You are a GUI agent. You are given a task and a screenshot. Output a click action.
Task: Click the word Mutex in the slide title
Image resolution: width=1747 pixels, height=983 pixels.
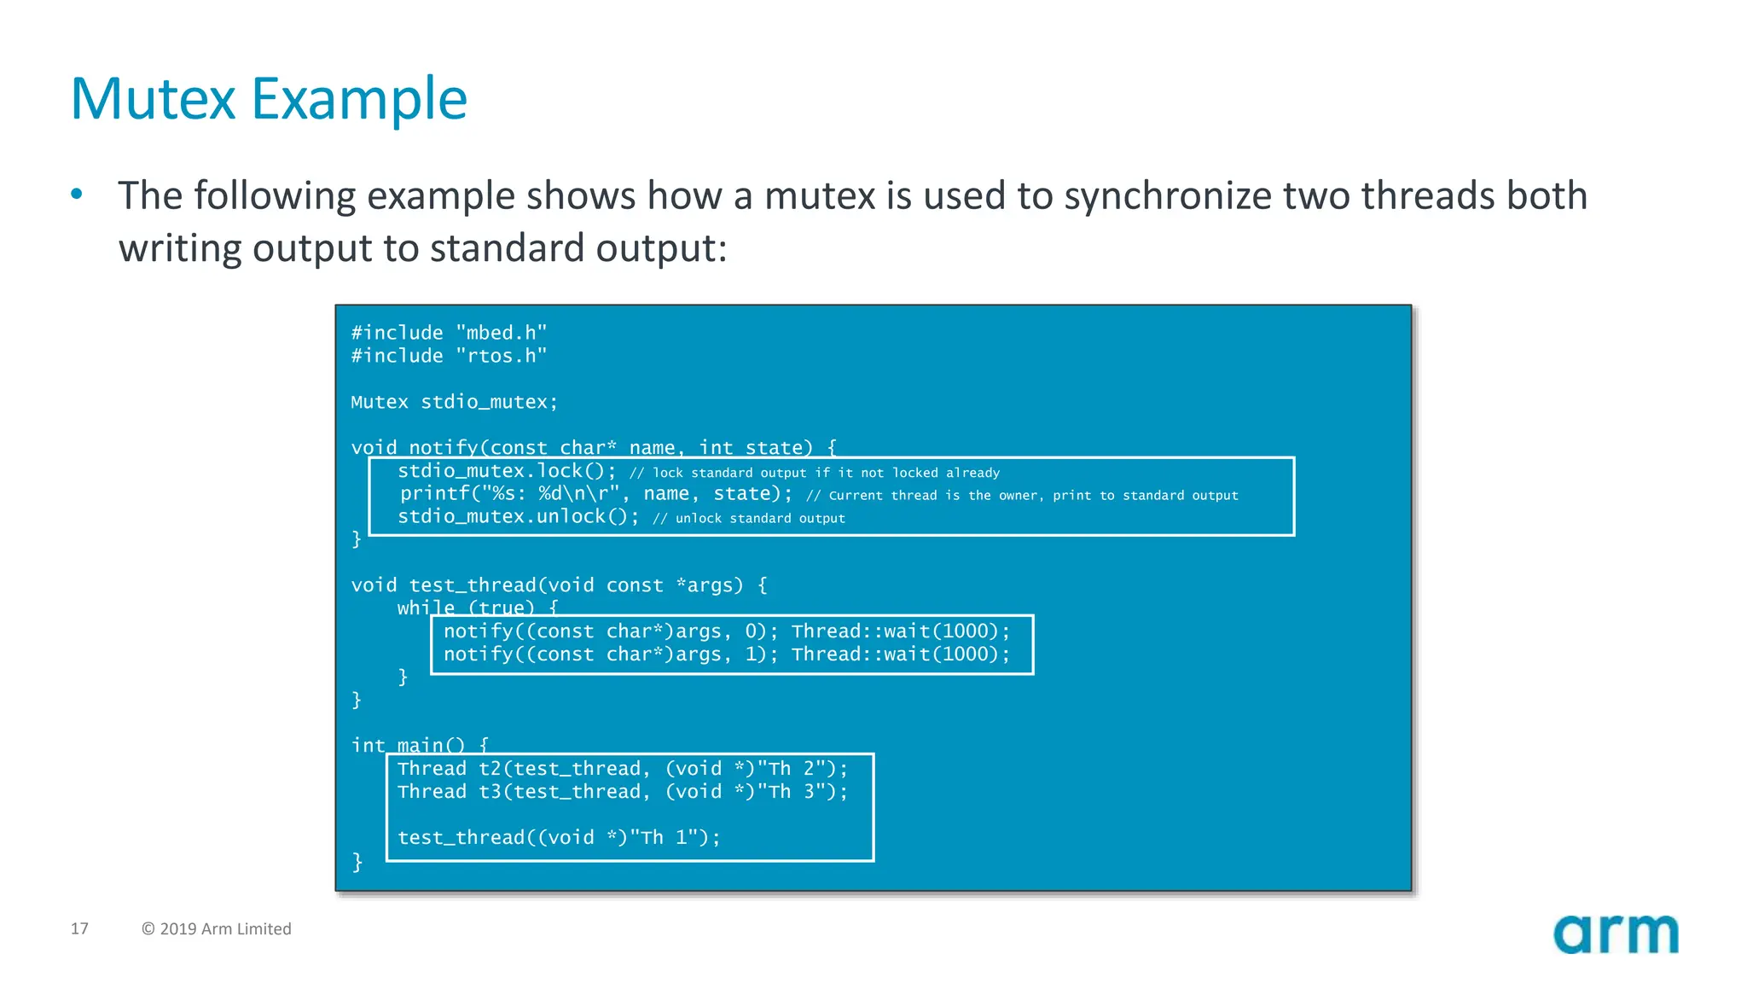153,99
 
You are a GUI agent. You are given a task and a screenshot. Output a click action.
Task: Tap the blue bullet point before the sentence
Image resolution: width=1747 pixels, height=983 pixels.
77,194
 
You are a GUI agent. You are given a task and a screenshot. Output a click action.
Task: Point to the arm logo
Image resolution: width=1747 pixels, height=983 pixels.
1616,934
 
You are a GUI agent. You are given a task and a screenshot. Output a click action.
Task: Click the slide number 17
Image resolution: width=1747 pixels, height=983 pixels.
79,928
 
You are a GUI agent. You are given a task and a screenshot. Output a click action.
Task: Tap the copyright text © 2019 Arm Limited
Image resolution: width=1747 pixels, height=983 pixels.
217,928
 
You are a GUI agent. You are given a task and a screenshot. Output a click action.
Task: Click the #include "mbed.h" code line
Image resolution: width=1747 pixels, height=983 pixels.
449,333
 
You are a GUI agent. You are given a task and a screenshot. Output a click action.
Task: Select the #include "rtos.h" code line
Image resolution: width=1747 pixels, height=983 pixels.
449,356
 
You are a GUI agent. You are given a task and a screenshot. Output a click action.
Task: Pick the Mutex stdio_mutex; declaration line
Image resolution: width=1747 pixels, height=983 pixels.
454,402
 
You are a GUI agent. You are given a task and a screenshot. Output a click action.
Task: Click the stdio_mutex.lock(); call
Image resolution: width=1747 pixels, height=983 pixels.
507,471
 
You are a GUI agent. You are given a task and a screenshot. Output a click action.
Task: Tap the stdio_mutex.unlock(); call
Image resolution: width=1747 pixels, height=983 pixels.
518,517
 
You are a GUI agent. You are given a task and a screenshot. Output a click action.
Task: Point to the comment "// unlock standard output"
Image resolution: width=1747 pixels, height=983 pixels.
749,518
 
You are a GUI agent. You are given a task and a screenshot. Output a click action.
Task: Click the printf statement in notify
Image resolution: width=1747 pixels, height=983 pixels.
595,494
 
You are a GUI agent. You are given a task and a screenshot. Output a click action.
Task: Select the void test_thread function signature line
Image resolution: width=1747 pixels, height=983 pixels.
559,585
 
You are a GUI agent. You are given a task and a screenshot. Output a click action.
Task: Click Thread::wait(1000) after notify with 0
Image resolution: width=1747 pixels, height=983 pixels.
900,631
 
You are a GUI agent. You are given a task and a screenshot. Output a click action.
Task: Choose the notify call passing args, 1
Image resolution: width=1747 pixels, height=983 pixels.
610,654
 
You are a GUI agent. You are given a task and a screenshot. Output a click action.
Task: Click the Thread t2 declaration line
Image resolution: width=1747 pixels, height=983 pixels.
623,769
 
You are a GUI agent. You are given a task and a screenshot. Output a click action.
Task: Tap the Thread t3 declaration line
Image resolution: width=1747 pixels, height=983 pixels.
623,792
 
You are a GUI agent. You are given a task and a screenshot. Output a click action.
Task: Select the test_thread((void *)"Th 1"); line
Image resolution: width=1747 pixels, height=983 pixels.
559,838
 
